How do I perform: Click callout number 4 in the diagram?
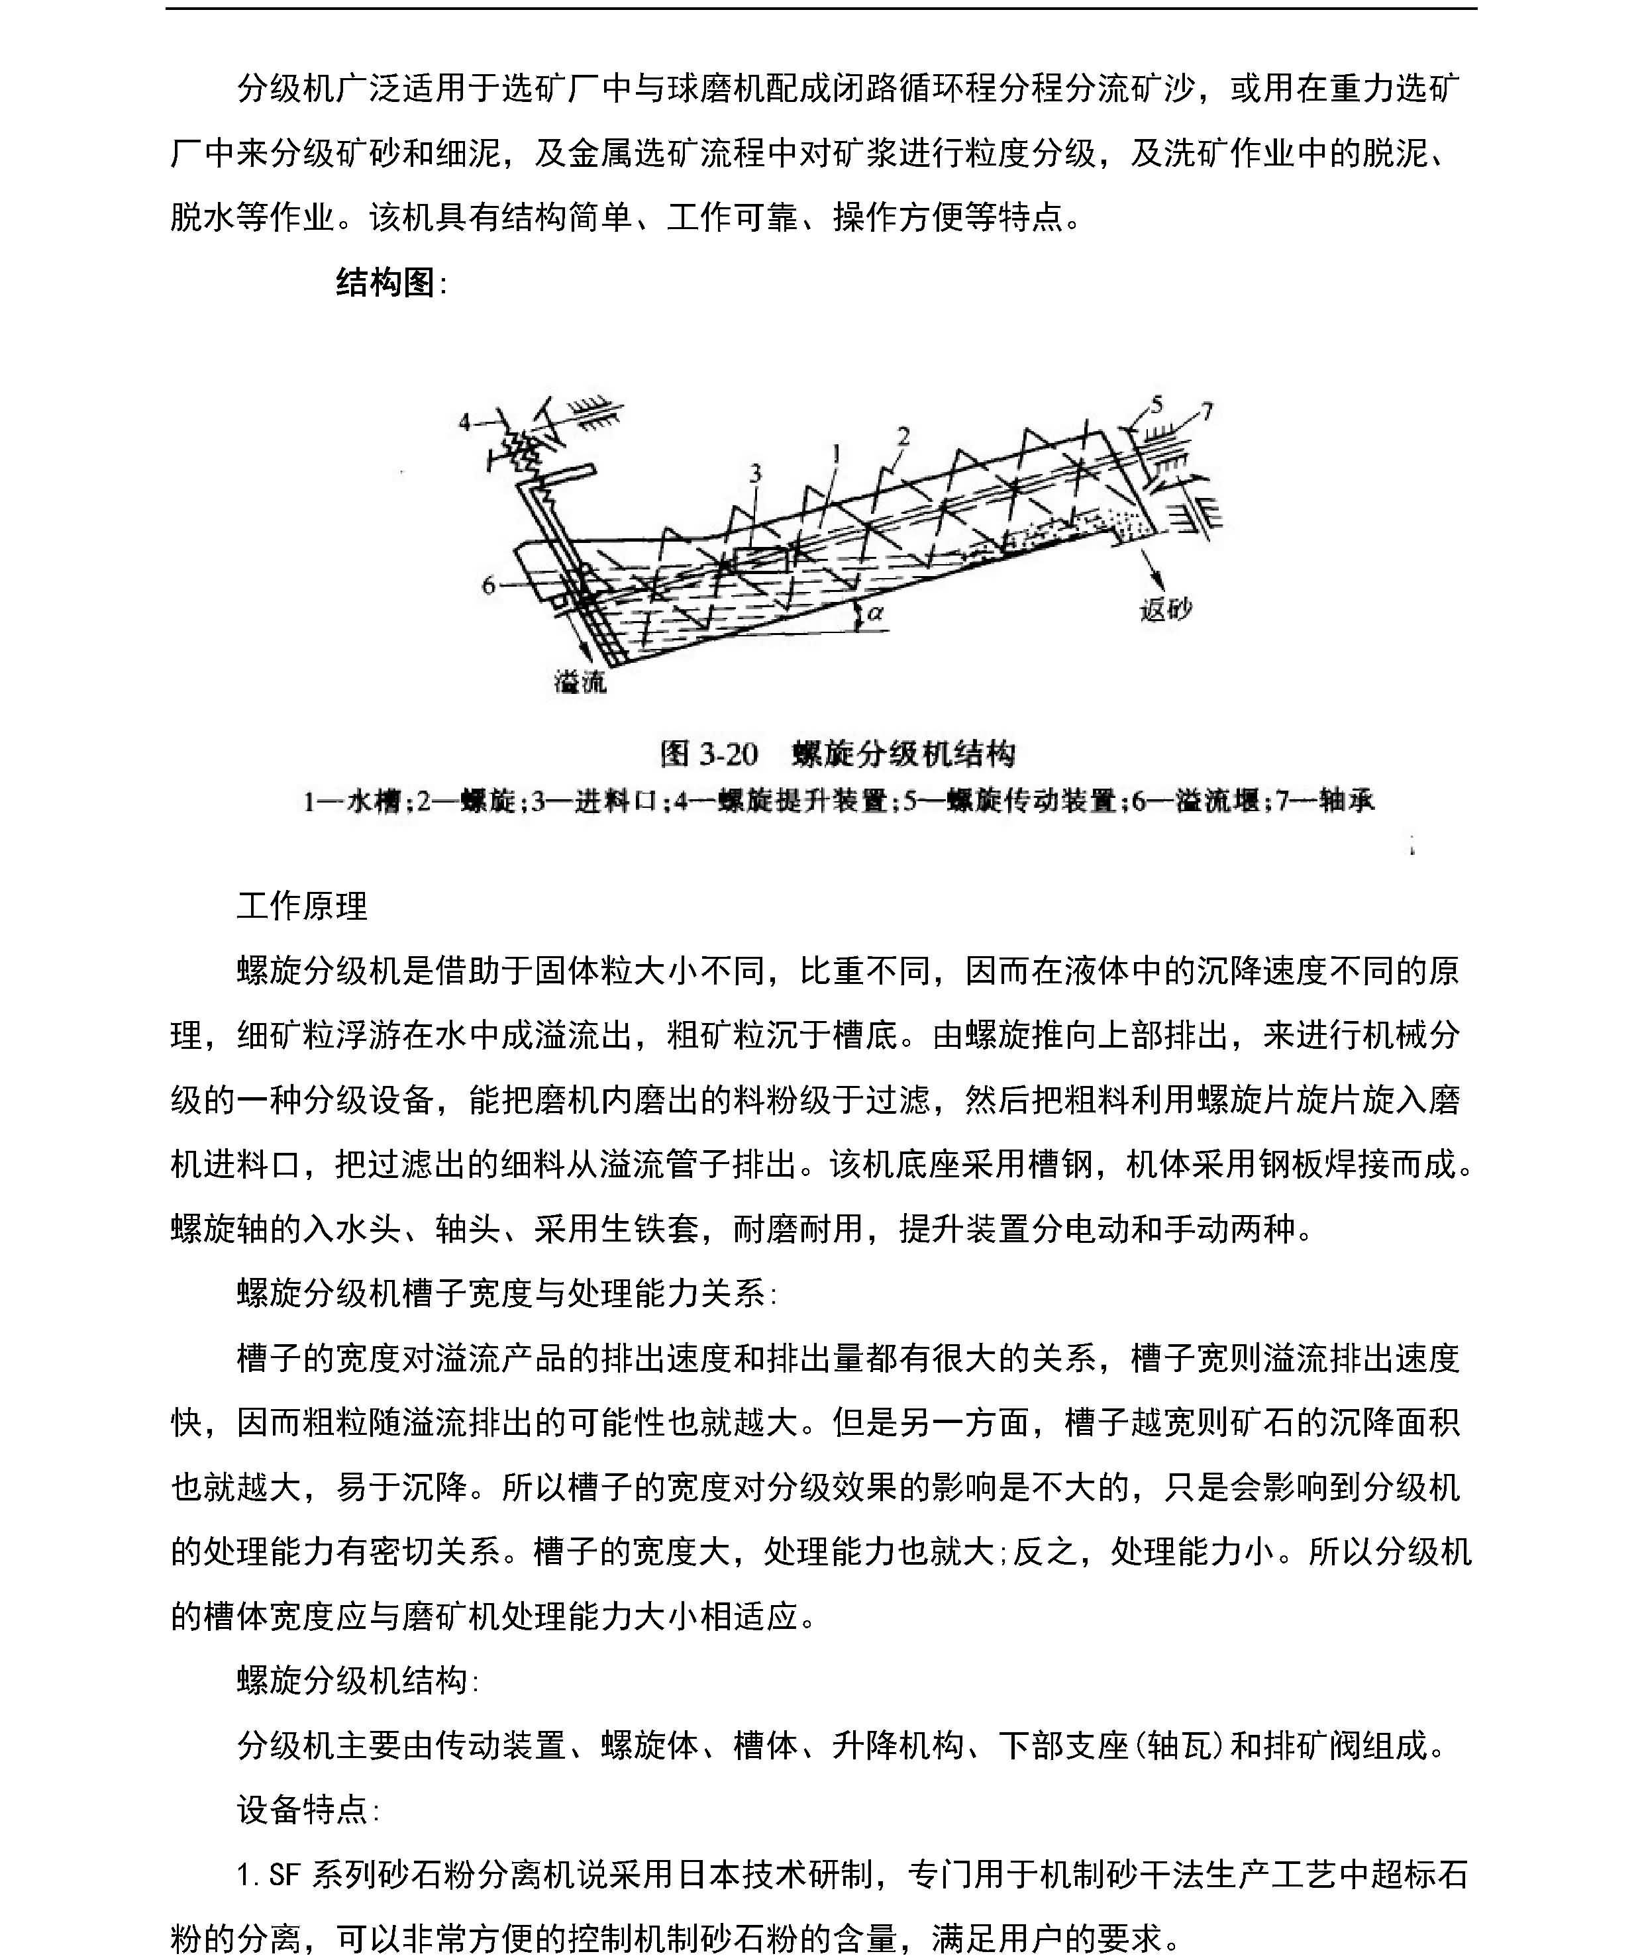(464, 423)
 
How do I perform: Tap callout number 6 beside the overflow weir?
(487, 586)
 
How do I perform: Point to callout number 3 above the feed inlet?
(755, 473)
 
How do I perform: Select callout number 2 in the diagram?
(903, 436)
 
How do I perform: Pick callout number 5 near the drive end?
(1158, 404)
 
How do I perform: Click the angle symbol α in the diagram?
(875, 614)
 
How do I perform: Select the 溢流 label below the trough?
(580, 683)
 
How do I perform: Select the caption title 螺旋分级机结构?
(903, 753)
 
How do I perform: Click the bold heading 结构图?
(385, 282)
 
